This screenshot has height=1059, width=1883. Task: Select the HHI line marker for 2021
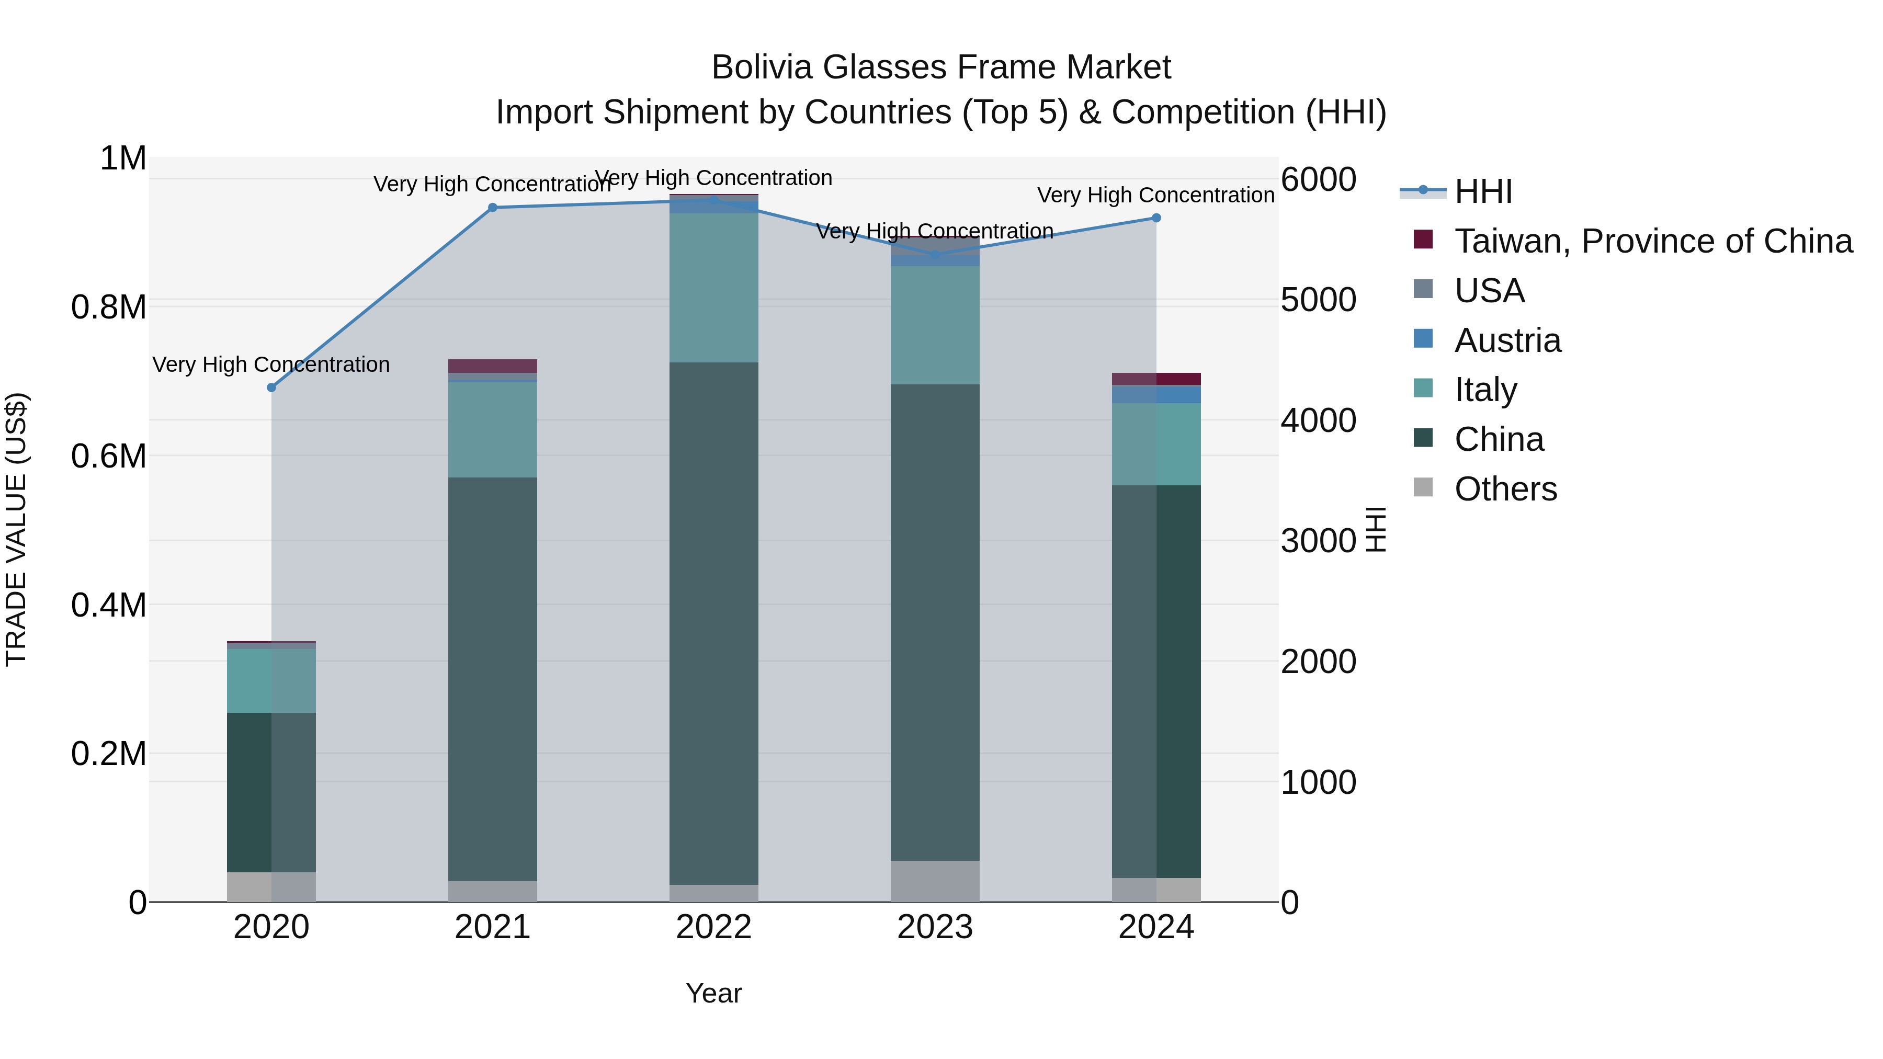click(x=493, y=208)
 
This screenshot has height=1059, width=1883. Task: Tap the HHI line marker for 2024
click(x=1155, y=218)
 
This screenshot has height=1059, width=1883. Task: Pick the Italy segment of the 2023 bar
click(x=934, y=325)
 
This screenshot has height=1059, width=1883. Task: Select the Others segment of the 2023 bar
click(x=934, y=881)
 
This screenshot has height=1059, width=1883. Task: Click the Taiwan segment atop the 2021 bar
click(x=493, y=366)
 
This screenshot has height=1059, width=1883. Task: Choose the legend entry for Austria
click(x=1507, y=340)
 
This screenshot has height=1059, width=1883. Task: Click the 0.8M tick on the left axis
click(x=108, y=307)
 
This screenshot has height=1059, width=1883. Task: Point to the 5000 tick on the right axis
click(x=1319, y=300)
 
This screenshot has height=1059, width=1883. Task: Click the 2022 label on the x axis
click(x=713, y=927)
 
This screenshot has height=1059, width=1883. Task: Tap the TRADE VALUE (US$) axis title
click(x=16, y=529)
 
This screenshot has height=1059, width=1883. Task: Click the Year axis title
click(x=713, y=993)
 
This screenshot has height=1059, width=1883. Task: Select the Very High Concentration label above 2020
click(x=271, y=364)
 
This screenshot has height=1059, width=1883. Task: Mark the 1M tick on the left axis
click(x=123, y=158)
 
